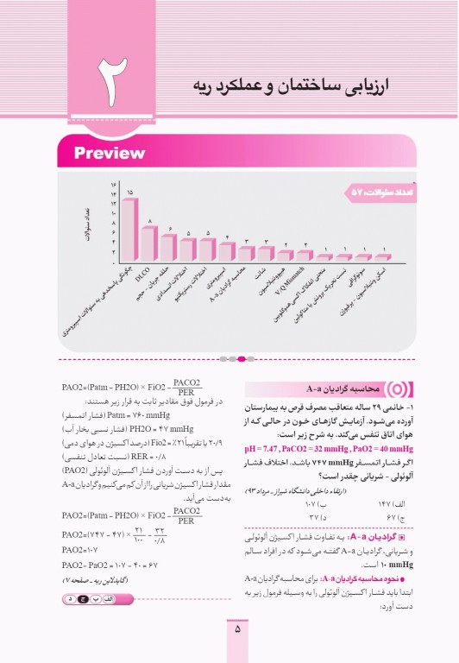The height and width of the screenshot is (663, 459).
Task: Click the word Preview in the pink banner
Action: (109, 154)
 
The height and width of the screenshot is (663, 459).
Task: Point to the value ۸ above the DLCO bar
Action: (150, 222)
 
